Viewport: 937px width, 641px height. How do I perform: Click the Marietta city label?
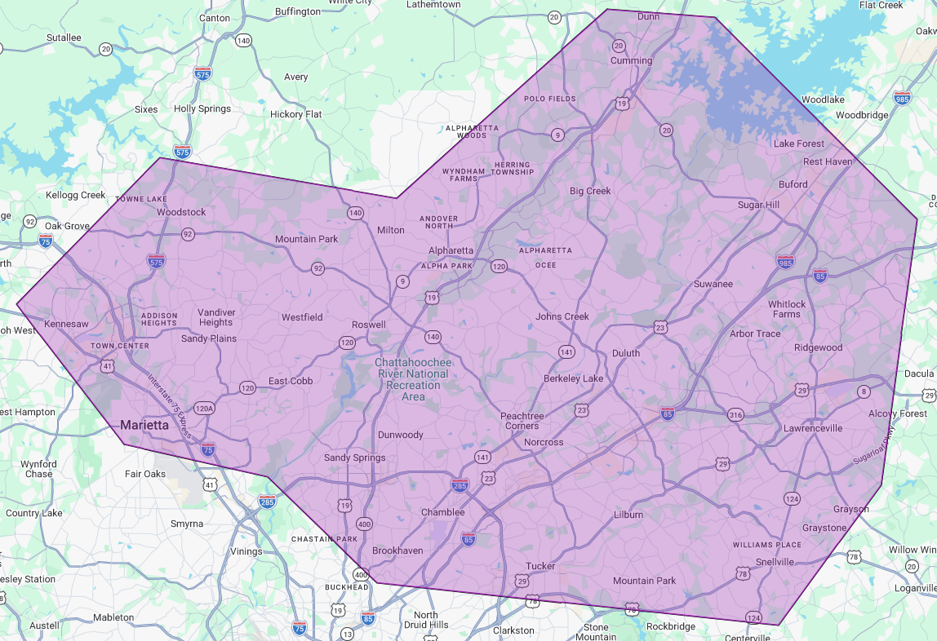pyautogui.click(x=144, y=425)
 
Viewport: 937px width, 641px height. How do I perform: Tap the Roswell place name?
pyautogui.click(x=368, y=325)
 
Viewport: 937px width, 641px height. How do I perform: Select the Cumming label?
pyautogui.click(x=632, y=60)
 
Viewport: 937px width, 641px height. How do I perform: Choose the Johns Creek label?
pyautogui.click(x=562, y=316)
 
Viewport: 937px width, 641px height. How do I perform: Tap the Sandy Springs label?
pyautogui.click(x=354, y=458)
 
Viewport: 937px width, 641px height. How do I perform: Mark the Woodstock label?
pyautogui.click(x=181, y=212)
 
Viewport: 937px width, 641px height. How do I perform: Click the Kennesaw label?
pyautogui.click(x=66, y=324)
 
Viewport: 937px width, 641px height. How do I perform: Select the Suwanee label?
pyautogui.click(x=713, y=284)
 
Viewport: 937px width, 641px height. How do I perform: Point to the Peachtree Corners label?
pyautogui.click(x=522, y=421)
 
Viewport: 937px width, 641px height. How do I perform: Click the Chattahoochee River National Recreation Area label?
pyautogui.click(x=412, y=379)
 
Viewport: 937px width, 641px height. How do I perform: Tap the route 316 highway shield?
pyautogui.click(x=735, y=414)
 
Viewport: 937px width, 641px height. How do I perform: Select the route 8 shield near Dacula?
pyautogui.click(x=864, y=393)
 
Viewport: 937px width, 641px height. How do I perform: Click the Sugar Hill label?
pyautogui.click(x=758, y=205)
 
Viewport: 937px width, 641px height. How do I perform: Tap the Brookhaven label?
pyautogui.click(x=397, y=550)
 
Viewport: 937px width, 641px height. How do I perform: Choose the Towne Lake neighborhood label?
pyautogui.click(x=140, y=199)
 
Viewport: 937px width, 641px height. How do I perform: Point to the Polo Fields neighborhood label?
pyautogui.click(x=549, y=99)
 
